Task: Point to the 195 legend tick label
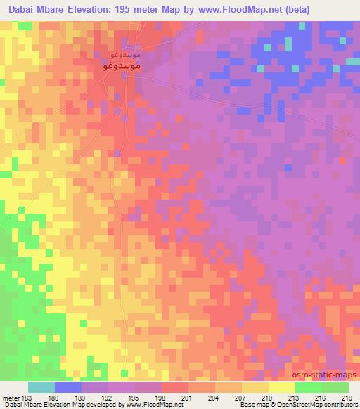click(x=137, y=397)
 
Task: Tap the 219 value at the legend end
click(x=347, y=397)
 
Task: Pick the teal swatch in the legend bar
click(x=41, y=387)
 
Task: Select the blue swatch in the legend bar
click(x=68, y=387)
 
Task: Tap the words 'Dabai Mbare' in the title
click(x=36, y=9)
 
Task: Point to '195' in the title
click(x=125, y=9)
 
